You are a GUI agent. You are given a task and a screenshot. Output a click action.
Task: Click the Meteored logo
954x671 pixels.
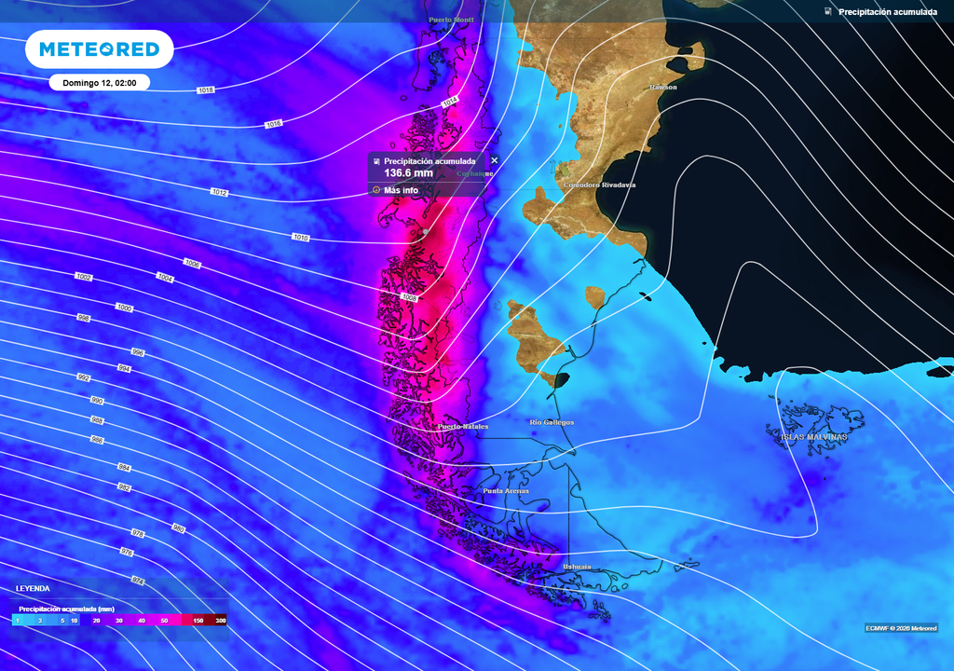pyautogui.click(x=99, y=49)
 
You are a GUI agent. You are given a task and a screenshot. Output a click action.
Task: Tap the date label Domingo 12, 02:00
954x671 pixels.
pyautogui.click(x=100, y=83)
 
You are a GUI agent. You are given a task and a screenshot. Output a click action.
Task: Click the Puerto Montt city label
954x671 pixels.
pyautogui.click(x=451, y=20)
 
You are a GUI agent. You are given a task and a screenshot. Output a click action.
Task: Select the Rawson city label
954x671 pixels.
pyautogui.click(x=663, y=87)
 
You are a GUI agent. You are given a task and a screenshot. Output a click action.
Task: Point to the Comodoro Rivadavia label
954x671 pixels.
pyautogui.click(x=599, y=185)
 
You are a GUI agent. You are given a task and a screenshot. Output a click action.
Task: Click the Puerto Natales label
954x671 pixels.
pyautogui.click(x=463, y=427)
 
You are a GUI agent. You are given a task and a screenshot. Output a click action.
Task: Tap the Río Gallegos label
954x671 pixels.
pyautogui.click(x=552, y=422)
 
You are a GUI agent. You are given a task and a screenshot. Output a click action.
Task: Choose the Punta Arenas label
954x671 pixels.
pyautogui.click(x=506, y=490)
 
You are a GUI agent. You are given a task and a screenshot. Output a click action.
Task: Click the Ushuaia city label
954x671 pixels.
pyautogui.click(x=577, y=567)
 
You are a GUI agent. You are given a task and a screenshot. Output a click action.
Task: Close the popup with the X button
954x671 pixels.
pyautogui.click(x=495, y=160)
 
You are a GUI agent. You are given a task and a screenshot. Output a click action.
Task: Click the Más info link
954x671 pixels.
pyautogui.click(x=401, y=190)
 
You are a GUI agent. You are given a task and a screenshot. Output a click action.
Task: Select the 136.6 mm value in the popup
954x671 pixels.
pyautogui.click(x=408, y=173)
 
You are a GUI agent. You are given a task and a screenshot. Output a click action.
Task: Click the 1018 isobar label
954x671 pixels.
pyautogui.click(x=206, y=89)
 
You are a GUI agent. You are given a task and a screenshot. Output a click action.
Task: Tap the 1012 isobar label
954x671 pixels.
pyautogui.click(x=219, y=192)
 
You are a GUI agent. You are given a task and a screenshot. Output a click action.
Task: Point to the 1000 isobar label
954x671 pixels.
pyautogui.click(x=124, y=308)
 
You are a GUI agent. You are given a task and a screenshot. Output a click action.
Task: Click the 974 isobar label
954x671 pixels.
pyautogui.click(x=138, y=581)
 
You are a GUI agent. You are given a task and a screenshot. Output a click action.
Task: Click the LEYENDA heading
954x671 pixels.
pyautogui.click(x=33, y=589)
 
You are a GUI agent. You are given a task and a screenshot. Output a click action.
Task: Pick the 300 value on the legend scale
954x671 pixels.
pyautogui.click(x=221, y=620)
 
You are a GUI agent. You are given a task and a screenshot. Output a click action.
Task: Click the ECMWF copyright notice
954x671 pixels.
pyautogui.click(x=901, y=627)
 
